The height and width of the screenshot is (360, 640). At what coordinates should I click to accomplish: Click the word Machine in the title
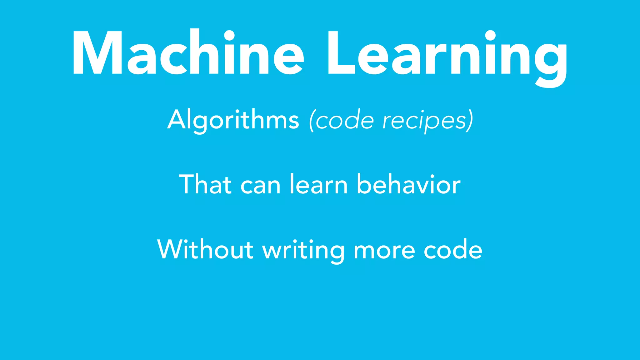[x=187, y=53]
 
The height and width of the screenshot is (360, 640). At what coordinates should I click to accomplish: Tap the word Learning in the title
[x=447, y=55]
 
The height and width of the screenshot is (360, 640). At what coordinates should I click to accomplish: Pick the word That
[x=205, y=184]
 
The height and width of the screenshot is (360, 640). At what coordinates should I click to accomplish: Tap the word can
[x=260, y=186]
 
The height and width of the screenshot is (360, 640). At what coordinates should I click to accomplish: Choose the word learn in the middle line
[x=318, y=184]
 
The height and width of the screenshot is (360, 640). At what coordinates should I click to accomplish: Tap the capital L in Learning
[x=341, y=53]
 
